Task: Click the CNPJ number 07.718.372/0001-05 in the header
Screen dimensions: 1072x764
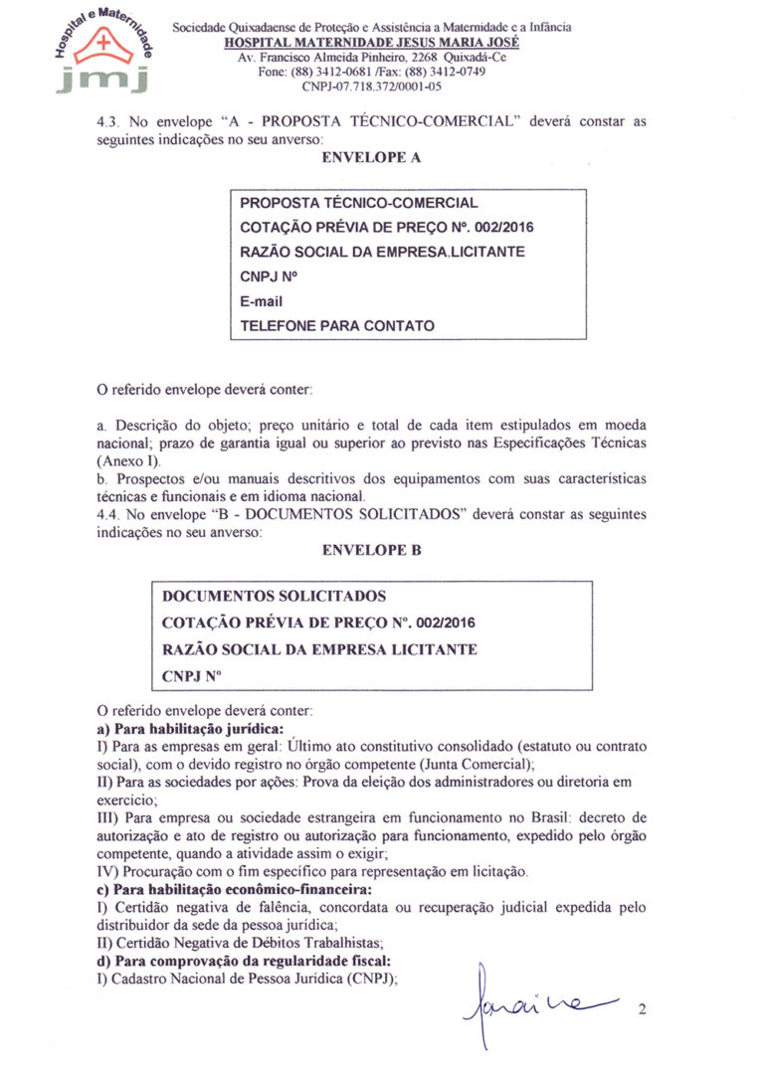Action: click(x=371, y=87)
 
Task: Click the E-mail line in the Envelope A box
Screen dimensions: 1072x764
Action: click(x=262, y=300)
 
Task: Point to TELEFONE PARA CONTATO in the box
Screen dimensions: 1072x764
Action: click(x=337, y=325)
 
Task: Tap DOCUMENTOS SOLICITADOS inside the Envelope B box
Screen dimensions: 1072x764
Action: click(x=274, y=597)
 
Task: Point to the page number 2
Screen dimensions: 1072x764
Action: click(x=643, y=1011)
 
